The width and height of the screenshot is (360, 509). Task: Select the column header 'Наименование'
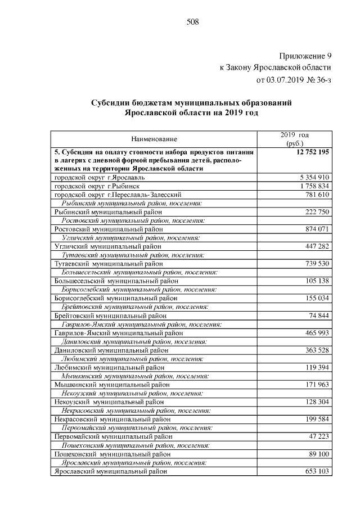[x=154, y=139]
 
